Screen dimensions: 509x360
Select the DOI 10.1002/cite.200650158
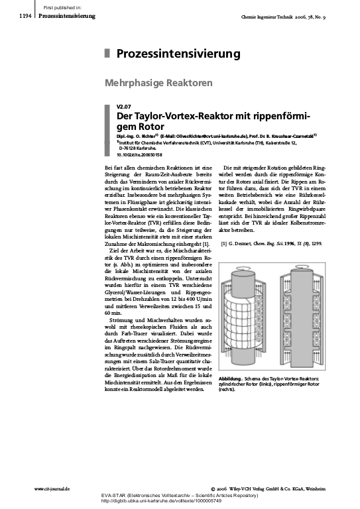coord(138,154)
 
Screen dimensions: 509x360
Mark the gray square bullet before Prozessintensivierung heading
coord(107,54)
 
